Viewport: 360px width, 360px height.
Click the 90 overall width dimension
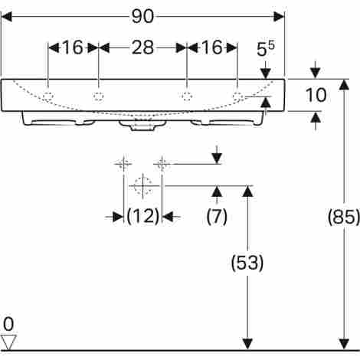tap(143, 17)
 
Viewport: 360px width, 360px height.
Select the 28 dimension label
tap(142, 47)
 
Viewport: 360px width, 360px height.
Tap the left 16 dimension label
tap(73, 47)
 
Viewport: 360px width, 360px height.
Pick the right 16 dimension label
tap(211, 47)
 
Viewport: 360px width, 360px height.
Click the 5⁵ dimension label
tap(266, 49)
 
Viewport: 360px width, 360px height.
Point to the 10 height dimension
tap(316, 95)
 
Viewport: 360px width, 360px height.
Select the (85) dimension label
tap(344, 217)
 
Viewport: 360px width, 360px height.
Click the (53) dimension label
tap(247, 263)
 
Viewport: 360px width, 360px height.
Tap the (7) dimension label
tap(217, 217)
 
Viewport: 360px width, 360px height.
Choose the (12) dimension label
tap(143, 217)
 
